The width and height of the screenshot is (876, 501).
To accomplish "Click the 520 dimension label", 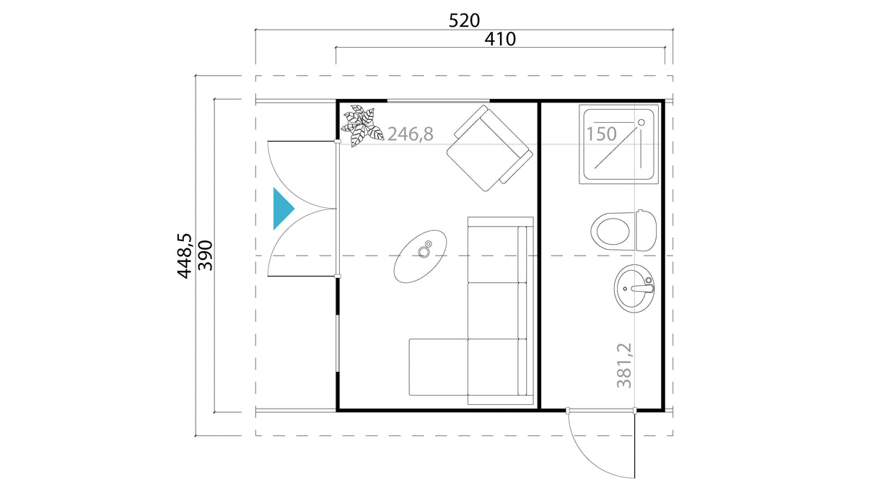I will pos(464,20).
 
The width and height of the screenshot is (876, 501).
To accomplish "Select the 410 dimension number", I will pos(500,39).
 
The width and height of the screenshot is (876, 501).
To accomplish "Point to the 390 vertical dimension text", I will pos(205,255).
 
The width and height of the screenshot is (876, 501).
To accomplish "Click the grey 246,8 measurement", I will pos(410,134).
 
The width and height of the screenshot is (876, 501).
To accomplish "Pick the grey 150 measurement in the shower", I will pos(601,134).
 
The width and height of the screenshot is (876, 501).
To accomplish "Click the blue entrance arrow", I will pos(282,209).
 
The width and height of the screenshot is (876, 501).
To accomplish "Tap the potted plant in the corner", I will pos(361,126).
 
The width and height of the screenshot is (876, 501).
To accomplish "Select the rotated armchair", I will pos(489,148).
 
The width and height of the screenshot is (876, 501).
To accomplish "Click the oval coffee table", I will pos(421,256).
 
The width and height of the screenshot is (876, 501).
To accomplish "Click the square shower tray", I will pos(620,143).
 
